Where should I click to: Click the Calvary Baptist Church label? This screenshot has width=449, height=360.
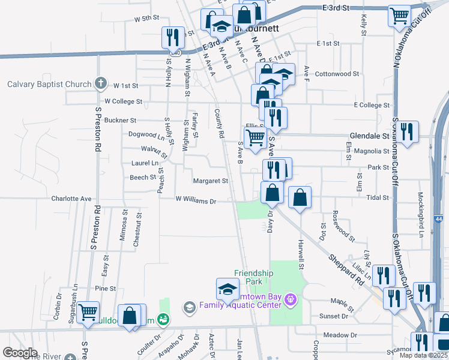pos(49,84)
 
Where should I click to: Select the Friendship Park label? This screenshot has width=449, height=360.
pos(253,277)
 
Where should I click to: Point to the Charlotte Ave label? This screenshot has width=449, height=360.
pos(71,198)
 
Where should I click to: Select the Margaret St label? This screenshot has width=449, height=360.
pos(210,181)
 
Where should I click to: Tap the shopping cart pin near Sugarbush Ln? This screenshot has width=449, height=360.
pos(88,311)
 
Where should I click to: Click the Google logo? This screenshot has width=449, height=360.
pos(20,353)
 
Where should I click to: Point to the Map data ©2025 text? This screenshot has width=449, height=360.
pos(423,355)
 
